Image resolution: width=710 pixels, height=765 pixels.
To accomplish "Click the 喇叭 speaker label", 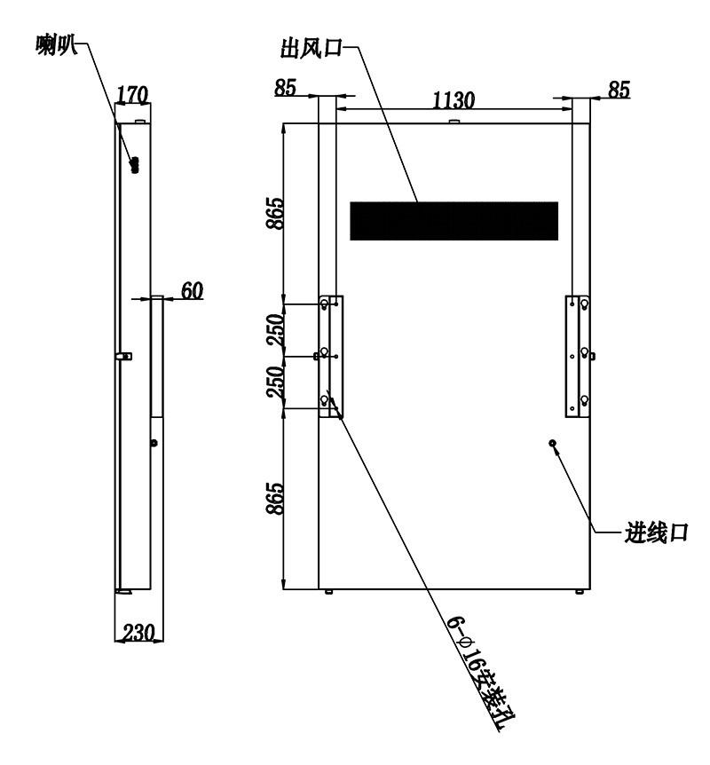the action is pyautogui.click(x=56, y=45).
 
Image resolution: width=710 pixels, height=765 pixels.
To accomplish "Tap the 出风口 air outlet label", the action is pyautogui.click(x=312, y=48).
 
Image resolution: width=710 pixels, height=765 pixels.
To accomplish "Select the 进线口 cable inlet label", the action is pyautogui.click(x=657, y=532).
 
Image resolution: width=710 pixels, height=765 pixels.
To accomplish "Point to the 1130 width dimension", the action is pyautogui.click(x=454, y=100).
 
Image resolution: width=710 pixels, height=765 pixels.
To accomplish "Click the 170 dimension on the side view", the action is pyautogui.click(x=131, y=94).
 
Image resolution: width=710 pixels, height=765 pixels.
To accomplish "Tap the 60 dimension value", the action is pyautogui.click(x=192, y=290).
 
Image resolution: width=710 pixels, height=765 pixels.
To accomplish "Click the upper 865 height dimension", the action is pyautogui.click(x=275, y=213).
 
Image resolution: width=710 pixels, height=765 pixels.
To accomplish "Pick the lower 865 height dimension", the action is pyautogui.click(x=275, y=499).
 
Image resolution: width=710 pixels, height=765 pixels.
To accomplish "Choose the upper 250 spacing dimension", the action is pyautogui.click(x=275, y=330).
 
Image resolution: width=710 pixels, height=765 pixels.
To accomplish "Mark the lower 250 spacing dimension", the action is pyautogui.click(x=275, y=381).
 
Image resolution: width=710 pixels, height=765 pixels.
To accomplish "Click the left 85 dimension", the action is pyautogui.click(x=285, y=88).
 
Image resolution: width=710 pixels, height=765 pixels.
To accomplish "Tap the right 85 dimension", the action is pyautogui.click(x=619, y=90).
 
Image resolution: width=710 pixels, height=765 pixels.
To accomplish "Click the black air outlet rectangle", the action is pyautogui.click(x=454, y=221).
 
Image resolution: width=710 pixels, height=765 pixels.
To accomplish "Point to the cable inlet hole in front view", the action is pyautogui.click(x=553, y=443).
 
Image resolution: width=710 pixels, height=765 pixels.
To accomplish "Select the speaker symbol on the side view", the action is pyautogui.click(x=135, y=165).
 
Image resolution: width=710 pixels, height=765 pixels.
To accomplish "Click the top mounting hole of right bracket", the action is pyautogui.click(x=584, y=305).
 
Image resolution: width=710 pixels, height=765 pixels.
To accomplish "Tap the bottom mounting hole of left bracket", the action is pyautogui.click(x=324, y=401).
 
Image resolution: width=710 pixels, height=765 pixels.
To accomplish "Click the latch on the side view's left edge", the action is pyautogui.click(x=124, y=356).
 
